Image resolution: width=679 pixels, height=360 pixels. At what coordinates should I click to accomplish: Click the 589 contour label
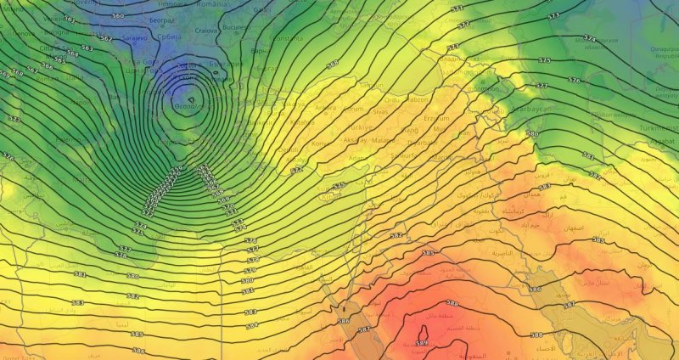tap(422, 342)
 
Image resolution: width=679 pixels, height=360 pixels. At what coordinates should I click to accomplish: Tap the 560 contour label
tap(117, 16)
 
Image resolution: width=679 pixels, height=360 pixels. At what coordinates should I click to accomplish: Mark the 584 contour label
tap(251, 324)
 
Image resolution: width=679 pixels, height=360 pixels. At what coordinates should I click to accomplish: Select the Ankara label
tap(326, 108)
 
